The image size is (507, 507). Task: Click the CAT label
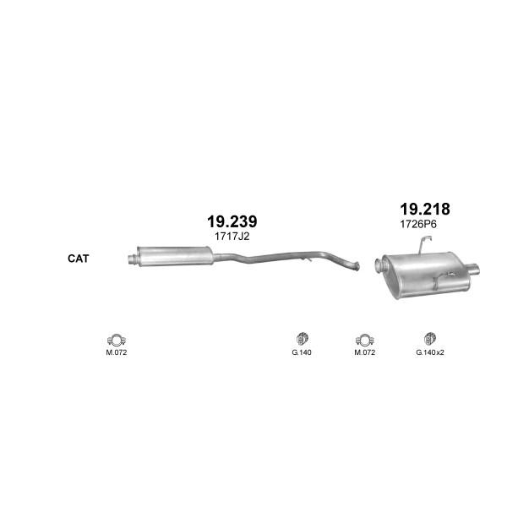point(78,259)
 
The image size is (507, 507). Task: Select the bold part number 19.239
point(232,221)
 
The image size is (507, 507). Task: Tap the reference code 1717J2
point(232,237)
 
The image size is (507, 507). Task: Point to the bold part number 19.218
point(425,210)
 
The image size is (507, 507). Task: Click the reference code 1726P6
point(418,224)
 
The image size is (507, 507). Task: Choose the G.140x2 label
point(430,352)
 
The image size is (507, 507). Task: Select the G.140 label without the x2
point(302,352)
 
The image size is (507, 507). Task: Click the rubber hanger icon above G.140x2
point(430,339)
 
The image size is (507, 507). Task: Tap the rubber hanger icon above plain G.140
point(303,339)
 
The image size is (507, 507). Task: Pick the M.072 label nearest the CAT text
point(117,352)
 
